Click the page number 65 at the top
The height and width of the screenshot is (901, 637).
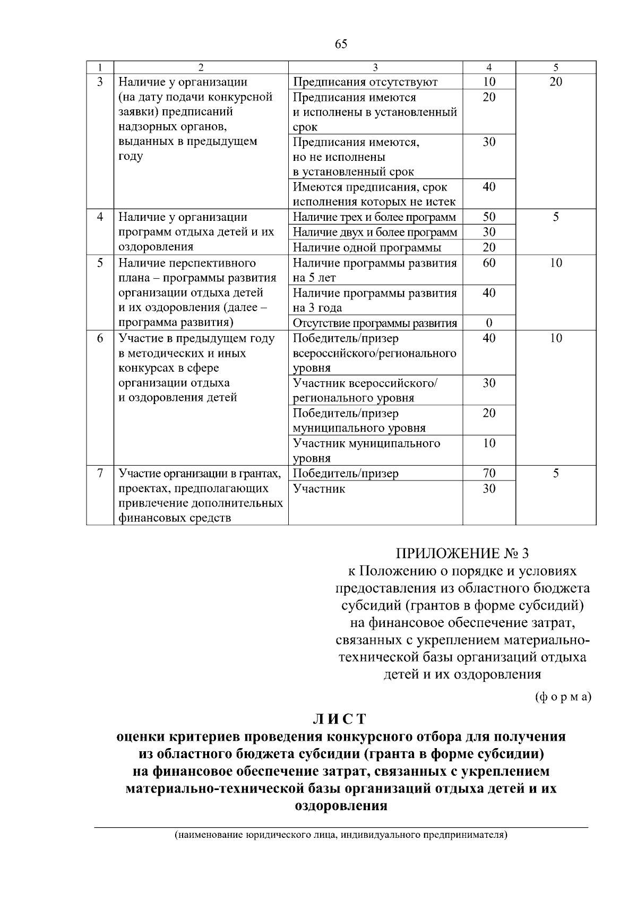(341, 44)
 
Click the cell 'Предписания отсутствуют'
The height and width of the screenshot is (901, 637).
(365, 82)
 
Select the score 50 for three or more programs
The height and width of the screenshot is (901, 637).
(489, 217)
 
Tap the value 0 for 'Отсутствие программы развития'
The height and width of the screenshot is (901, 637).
(489, 323)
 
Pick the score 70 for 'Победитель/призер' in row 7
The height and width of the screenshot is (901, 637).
(489, 474)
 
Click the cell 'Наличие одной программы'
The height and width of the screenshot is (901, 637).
(367, 247)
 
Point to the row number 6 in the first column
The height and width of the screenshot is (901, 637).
(100, 338)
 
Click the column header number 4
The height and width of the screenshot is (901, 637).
(489, 67)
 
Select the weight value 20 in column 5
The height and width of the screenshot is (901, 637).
(555, 82)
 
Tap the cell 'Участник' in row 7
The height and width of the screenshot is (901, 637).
(319, 488)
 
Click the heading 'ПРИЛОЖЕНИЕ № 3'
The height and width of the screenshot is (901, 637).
(462, 554)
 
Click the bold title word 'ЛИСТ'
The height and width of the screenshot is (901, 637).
(340, 719)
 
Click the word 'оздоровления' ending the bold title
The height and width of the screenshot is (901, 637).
(340, 805)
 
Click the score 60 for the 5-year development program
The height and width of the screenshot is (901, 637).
(489, 263)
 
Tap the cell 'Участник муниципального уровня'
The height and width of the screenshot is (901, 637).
(366, 450)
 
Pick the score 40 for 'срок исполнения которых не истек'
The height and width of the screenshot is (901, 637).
(489, 187)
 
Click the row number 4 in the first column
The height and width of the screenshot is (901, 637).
(100, 217)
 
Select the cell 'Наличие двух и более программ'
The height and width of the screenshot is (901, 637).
(375, 233)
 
